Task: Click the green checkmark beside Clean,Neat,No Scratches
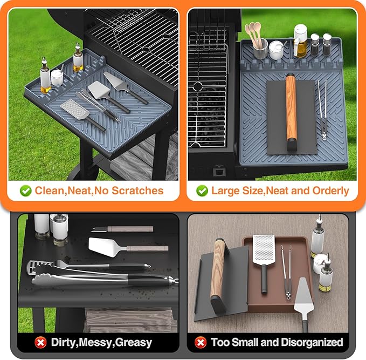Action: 25,191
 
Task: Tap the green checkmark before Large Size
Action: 202,191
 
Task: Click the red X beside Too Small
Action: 201,342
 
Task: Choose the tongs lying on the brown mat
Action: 285,270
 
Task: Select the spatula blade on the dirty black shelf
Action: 107,246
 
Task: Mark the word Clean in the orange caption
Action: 49,191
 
